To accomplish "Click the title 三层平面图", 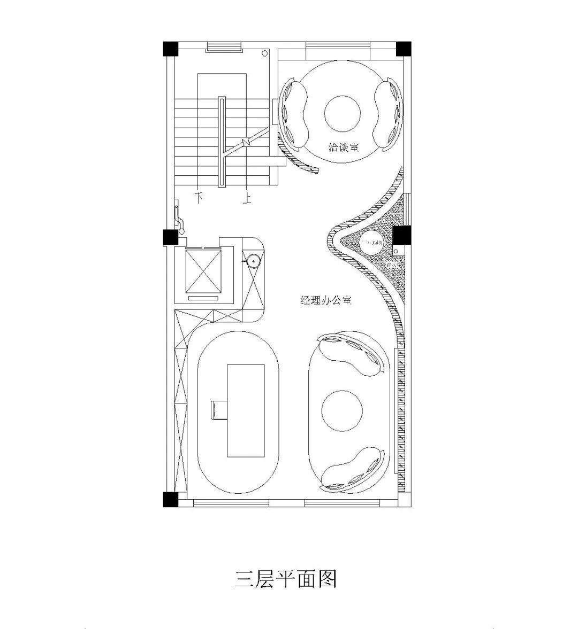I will coord(285,578).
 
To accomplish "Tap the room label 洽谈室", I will coord(343,146).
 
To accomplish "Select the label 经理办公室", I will coord(325,301).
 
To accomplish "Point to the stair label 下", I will coord(200,197).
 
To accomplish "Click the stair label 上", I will coord(247,199).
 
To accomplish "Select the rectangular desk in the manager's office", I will coord(246,410).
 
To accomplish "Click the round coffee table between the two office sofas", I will coord(343,410).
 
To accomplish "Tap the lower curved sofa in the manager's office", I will coord(352,469).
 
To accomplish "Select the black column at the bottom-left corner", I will coord(170,499).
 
